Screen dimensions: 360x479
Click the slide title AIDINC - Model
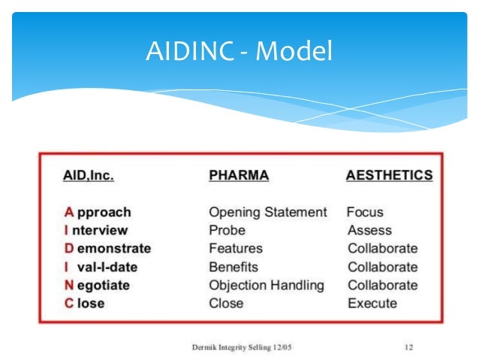tap(239, 53)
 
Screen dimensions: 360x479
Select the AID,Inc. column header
tap(88, 175)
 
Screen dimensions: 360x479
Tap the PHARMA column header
tap(238, 175)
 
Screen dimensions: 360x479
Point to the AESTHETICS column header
tap(389, 175)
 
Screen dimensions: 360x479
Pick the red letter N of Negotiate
tap(67, 285)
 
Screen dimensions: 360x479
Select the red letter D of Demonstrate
tap(67, 248)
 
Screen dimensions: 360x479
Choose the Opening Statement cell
tap(267, 212)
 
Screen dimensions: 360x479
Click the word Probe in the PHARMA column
tap(227, 230)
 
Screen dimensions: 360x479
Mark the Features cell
tap(235, 248)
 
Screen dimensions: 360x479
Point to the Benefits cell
tap(233, 267)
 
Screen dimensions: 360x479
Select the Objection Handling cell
tap(266, 285)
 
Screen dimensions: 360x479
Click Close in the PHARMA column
tap(226, 303)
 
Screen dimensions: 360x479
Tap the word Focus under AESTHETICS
tap(366, 212)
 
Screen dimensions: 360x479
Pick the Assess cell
tap(369, 230)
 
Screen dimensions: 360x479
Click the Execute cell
tap(372, 303)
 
